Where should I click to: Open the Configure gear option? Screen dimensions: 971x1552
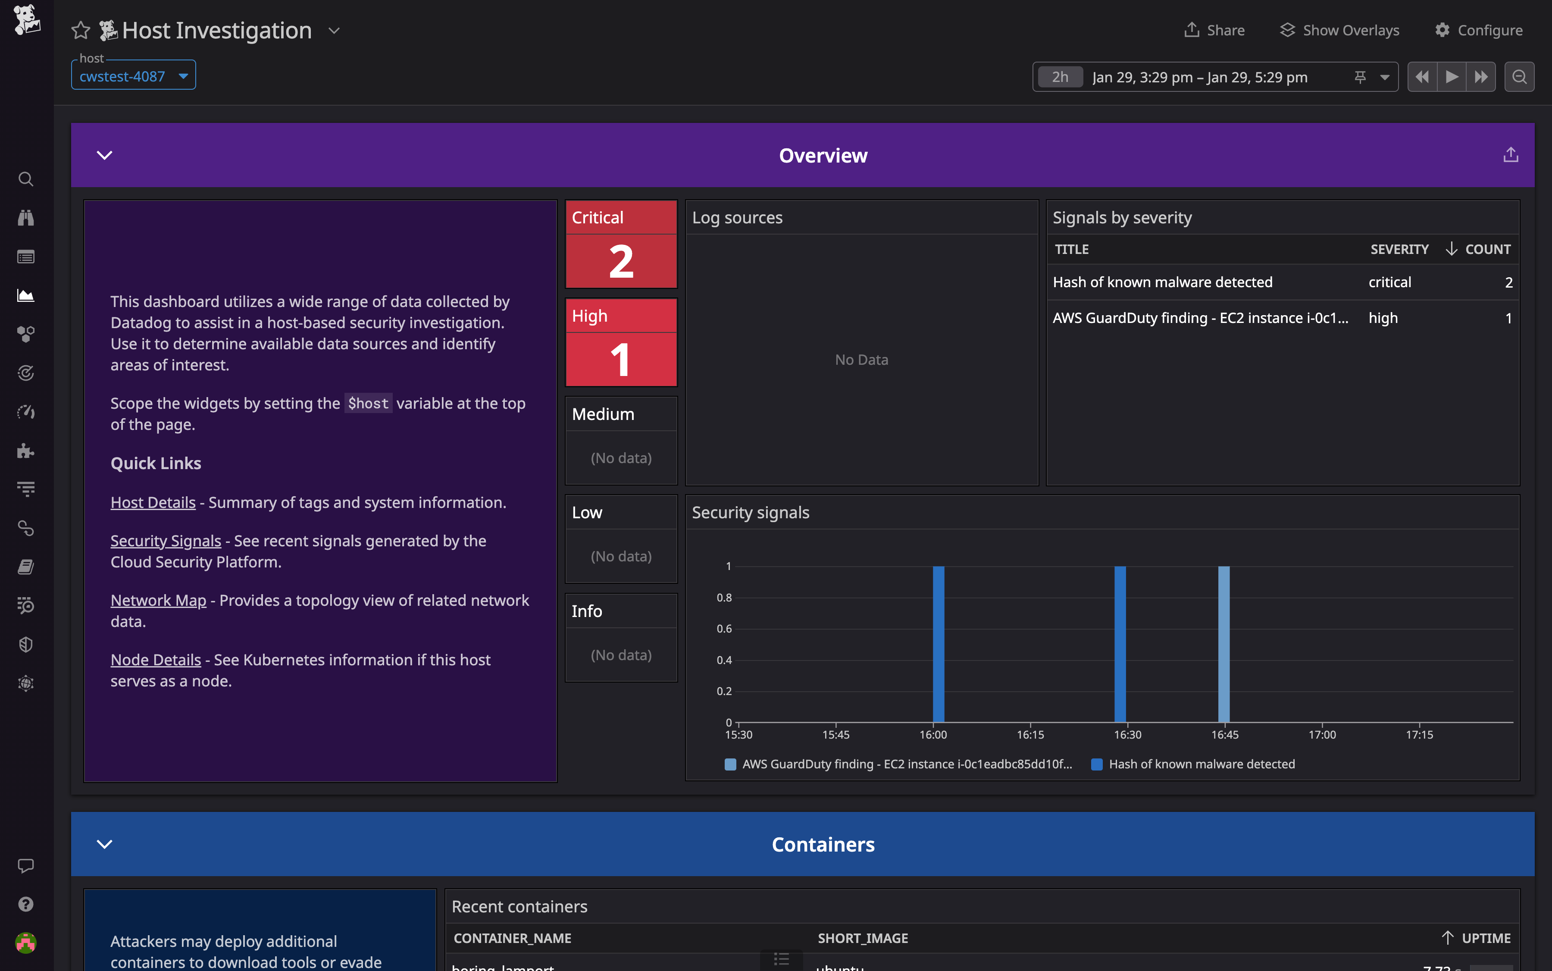[x=1478, y=30]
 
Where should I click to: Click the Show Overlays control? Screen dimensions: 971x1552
[x=1339, y=30]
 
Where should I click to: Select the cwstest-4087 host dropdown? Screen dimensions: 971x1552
[x=133, y=76]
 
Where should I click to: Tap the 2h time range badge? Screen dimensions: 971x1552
[x=1060, y=77]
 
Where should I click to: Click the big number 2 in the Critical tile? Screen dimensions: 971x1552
[x=621, y=261]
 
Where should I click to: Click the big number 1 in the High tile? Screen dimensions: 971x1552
[x=621, y=360]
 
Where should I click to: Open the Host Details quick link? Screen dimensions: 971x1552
[x=153, y=502]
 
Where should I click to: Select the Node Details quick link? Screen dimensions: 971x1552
[x=155, y=660]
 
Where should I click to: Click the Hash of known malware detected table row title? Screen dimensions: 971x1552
[x=1162, y=282]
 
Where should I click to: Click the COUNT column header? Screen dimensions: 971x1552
[x=1487, y=249]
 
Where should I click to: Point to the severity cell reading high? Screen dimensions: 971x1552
[x=1383, y=318]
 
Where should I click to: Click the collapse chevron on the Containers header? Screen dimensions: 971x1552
[x=105, y=844]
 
